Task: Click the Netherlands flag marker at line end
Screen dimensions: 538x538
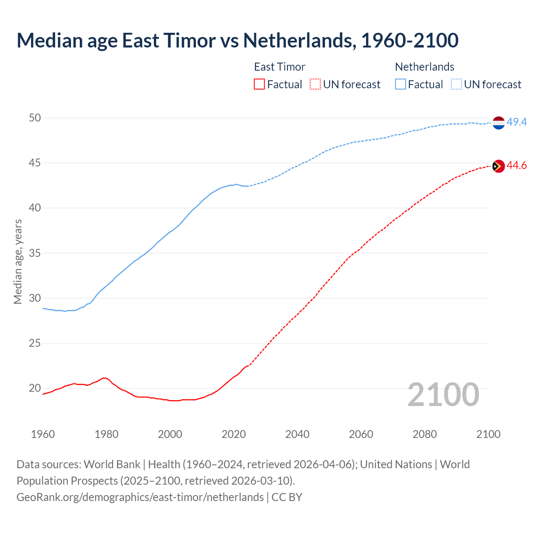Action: pos(498,123)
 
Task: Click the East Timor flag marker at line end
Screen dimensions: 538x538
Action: pos(498,166)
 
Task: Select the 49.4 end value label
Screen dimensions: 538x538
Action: pos(517,122)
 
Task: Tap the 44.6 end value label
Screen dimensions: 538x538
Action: pos(517,166)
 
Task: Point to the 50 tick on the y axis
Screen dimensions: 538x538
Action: pos(35,118)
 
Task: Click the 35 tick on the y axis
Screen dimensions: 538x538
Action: pos(35,253)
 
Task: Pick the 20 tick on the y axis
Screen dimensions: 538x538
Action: pos(35,388)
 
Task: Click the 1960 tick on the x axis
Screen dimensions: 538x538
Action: pos(43,434)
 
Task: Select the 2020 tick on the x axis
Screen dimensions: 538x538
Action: pos(234,434)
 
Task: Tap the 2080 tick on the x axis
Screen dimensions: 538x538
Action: pos(425,434)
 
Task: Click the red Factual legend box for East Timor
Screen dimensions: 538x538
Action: pos(259,84)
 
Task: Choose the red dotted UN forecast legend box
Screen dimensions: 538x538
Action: pos(315,84)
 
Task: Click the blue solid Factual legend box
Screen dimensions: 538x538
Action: pos(401,84)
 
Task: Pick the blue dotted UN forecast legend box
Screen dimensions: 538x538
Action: pos(456,84)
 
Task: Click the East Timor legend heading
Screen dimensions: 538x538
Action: pos(280,67)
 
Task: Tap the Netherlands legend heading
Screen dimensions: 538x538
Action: pos(425,67)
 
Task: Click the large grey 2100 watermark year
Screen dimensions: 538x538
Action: pos(443,395)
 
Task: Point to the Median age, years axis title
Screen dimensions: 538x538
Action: pos(18,261)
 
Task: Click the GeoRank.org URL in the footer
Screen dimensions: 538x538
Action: pos(140,497)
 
